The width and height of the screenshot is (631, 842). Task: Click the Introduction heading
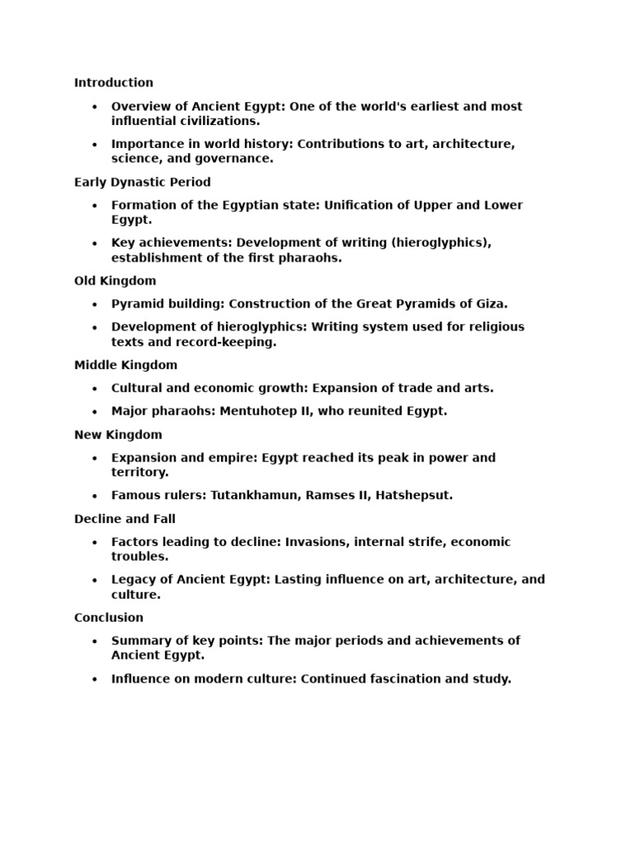point(113,83)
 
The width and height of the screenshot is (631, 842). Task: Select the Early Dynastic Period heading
point(142,183)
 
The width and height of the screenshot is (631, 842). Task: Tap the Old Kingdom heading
point(115,281)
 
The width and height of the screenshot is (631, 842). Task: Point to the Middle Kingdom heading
point(126,365)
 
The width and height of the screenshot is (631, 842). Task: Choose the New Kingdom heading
point(118,435)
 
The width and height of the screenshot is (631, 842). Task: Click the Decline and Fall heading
point(125,520)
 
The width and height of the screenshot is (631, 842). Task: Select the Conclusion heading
point(108,618)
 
